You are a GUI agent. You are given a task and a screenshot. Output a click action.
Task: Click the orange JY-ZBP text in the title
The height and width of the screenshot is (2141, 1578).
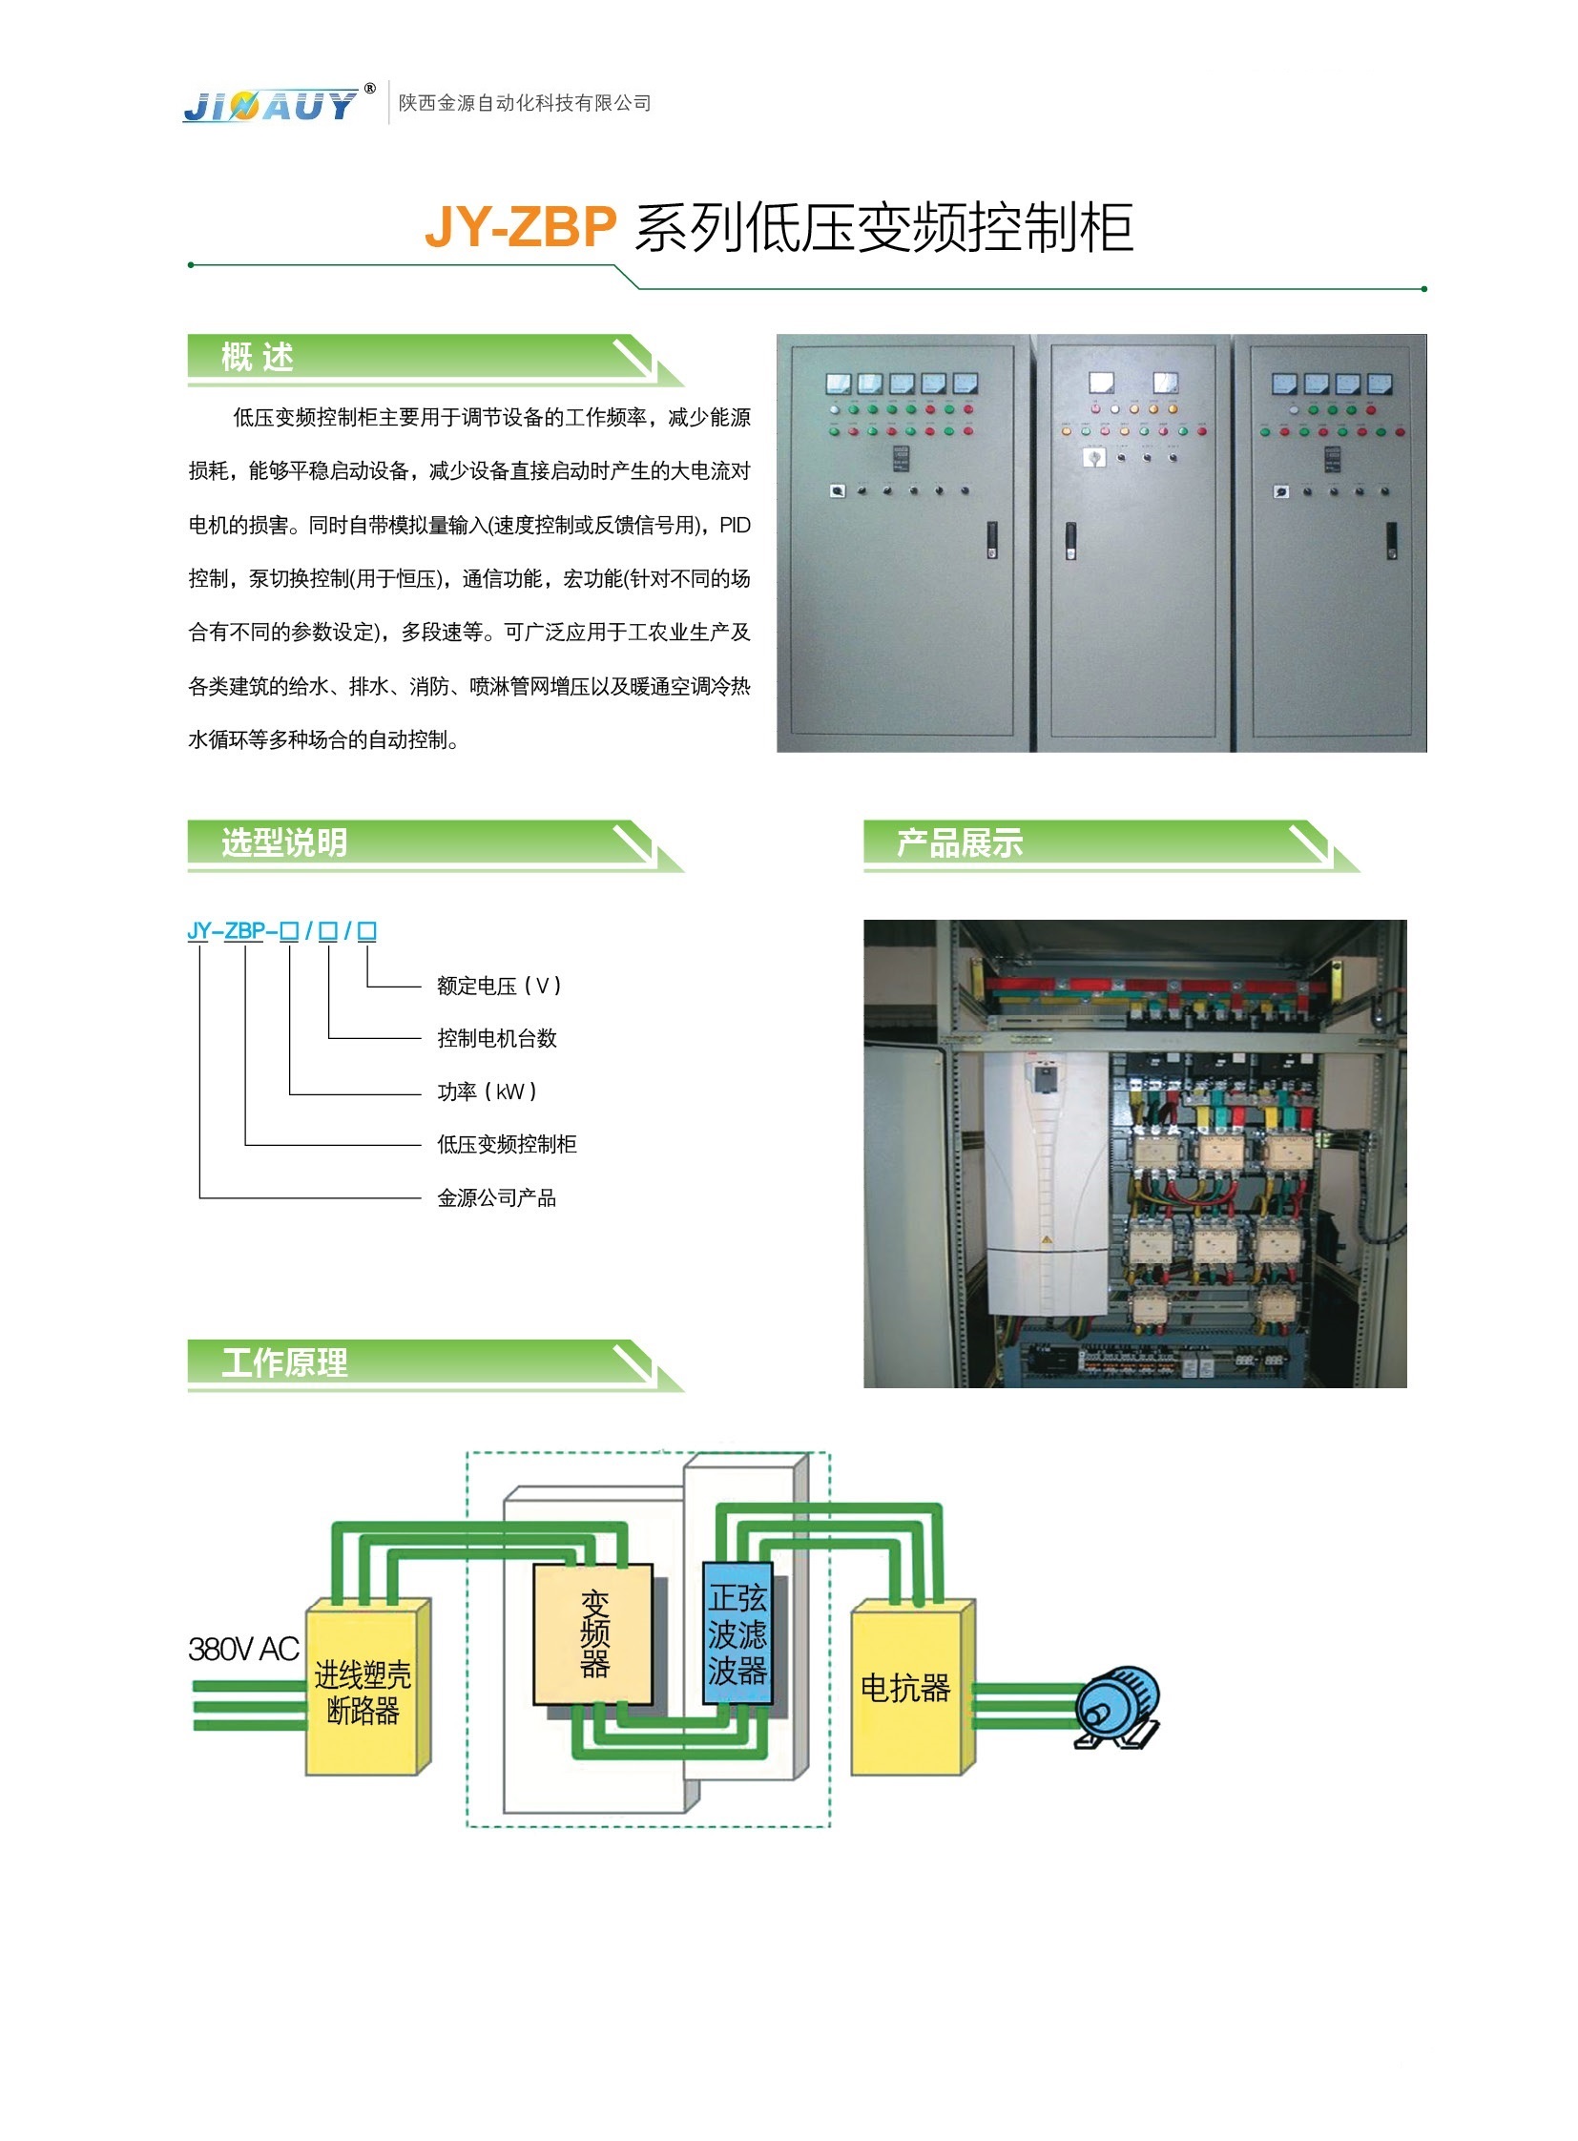(x=521, y=227)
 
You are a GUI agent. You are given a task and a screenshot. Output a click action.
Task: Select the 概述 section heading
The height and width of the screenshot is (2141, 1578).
(x=257, y=358)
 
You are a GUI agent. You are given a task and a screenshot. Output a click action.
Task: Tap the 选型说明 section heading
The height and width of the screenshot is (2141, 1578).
(x=284, y=842)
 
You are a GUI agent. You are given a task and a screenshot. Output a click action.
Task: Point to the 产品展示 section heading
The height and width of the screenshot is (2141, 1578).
(x=960, y=842)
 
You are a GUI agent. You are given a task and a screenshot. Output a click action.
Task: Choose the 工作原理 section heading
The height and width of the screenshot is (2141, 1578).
(x=284, y=1362)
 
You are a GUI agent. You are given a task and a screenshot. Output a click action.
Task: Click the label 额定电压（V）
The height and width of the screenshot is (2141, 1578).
(x=500, y=986)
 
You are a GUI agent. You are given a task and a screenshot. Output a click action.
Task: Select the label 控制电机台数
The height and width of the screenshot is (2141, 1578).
(x=497, y=1038)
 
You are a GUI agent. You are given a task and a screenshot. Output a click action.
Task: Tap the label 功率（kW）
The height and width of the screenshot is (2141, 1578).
(x=488, y=1091)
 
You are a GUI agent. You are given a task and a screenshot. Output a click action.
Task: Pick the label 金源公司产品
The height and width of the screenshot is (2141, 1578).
(x=497, y=1198)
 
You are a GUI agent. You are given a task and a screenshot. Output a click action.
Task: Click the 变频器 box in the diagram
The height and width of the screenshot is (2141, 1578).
(x=593, y=1634)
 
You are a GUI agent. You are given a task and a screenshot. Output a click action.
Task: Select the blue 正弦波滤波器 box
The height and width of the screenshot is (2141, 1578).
(x=737, y=1632)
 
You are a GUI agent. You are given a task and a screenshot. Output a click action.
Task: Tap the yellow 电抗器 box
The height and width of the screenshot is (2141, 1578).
(x=906, y=1689)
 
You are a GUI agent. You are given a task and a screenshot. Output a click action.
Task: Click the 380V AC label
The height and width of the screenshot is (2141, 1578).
(x=243, y=1649)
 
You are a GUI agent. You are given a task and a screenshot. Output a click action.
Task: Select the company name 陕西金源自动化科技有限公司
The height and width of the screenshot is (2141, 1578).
(x=525, y=103)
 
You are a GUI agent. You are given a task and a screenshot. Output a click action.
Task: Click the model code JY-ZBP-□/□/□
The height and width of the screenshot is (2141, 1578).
(x=281, y=930)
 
